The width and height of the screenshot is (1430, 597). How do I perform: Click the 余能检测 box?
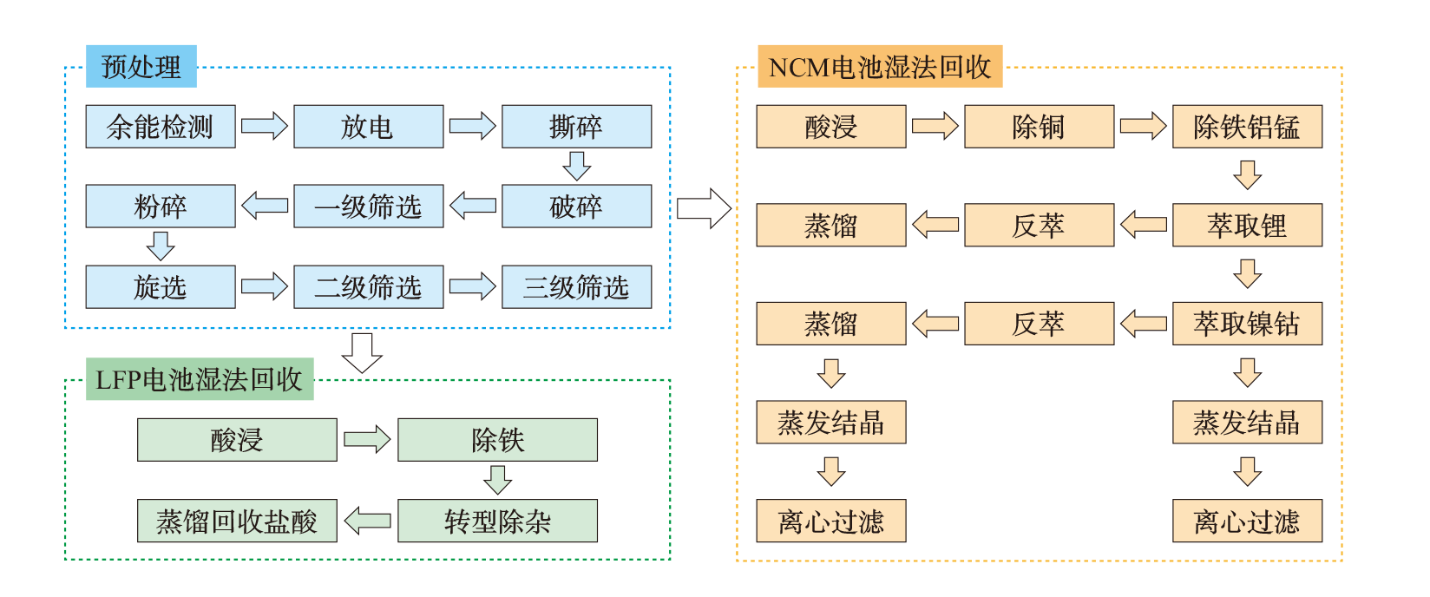pyautogui.click(x=161, y=127)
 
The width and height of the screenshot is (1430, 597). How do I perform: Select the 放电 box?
pyautogui.click(x=368, y=127)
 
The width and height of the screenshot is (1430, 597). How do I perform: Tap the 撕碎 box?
pyautogui.click(x=576, y=127)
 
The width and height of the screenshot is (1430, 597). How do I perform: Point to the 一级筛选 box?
pyautogui.click(x=368, y=207)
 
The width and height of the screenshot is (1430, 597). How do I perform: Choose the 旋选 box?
pyautogui.click(x=161, y=287)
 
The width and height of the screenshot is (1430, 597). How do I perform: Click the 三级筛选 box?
pyautogui.click(x=576, y=287)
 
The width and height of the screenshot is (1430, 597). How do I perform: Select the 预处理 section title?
pyautogui.click(x=141, y=67)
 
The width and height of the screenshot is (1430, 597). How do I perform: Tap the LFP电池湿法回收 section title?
pyautogui.click(x=200, y=379)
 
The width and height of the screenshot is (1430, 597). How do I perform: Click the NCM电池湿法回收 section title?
pyautogui.click(x=880, y=67)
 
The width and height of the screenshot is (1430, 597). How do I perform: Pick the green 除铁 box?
pyautogui.click(x=497, y=440)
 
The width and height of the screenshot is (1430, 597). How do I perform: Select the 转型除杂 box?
pyautogui.click(x=497, y=521)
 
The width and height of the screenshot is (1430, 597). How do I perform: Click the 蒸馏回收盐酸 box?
pyautogui.click(x=237, y=521)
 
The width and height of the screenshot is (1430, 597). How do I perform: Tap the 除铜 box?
pyautogui.click(x=1039, y=127)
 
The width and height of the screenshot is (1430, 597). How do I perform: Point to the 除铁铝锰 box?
pyautogui.click(x=1247, y=127)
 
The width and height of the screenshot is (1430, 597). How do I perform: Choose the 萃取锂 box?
pyautogui.click(x=1247, y=226)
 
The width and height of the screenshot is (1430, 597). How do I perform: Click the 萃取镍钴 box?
pyautogui.click(x=1247, y=324)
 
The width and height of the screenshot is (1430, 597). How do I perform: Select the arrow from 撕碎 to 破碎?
pyautogui.click(x=576, y=166)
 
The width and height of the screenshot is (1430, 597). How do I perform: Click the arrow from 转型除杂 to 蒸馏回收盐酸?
pyautogui.click(x=367, y=521)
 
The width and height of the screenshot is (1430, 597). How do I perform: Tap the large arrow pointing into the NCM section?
pyautogui.click(x=704, y=208)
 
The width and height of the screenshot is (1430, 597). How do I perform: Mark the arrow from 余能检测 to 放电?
pyautogui.click(x=264, y=126)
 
